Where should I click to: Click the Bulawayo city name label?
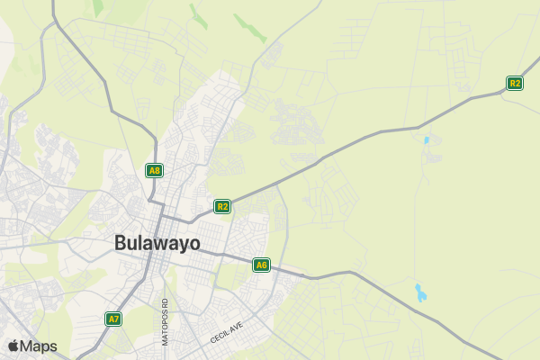(x=157, y=243)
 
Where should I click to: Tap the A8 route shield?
(x=155, y=170)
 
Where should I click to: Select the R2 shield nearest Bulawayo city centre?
(x=222, y=206)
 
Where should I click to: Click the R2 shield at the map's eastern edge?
(x=515, y=83)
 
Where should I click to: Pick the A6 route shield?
(x=261, y=265)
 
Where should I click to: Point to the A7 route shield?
(x=113, y=319)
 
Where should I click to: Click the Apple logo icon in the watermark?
(x=13, y=346)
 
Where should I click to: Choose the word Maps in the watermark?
(x=39, y=346)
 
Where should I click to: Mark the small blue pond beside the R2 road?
(x=426, y=140)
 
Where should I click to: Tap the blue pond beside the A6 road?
(x=420, y=292)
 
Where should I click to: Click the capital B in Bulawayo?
(x=121, y=243)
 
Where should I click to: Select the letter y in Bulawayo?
(x=182, y=245)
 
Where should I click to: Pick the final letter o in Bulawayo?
(x=194, y=243)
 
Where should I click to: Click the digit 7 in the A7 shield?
(x=116, y=319)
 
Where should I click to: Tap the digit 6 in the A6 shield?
(x=264, y=265)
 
